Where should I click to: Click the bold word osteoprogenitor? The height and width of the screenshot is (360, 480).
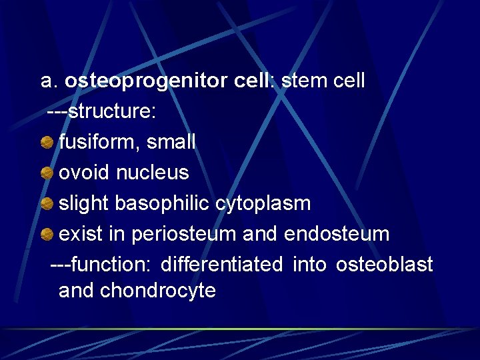click(147, 81)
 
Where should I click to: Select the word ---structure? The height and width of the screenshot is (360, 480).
click(102, 111)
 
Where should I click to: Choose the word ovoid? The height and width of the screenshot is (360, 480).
click(85, 173)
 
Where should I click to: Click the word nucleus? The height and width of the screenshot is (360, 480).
click(153, 173)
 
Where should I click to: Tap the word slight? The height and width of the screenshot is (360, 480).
click(84, 203)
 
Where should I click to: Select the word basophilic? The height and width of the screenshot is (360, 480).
click(163, 203)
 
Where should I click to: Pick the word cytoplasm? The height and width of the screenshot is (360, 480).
click(263, 203)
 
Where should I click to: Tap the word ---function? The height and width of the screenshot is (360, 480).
click(102, 265)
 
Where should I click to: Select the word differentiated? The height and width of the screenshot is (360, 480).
click(221, 265)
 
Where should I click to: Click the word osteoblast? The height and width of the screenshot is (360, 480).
click(384, 265)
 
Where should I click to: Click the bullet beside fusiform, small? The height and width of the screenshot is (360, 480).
click(47, 142)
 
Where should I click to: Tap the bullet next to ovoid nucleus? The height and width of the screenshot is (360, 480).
click(47, 173)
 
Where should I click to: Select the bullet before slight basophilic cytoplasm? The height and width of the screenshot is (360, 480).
click(47, 203)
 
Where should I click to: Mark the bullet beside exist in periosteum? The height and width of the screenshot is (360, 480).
click(47, 234)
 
